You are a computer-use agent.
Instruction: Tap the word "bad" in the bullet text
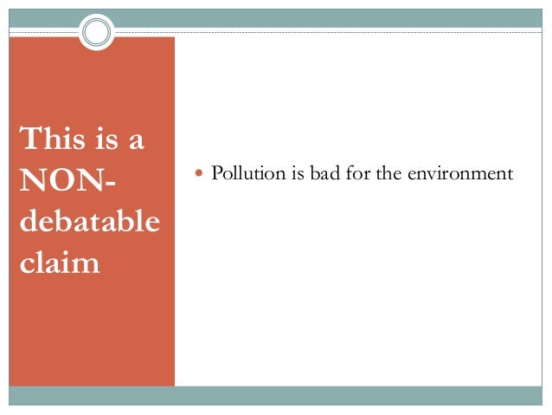324,173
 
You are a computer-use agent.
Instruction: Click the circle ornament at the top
97,33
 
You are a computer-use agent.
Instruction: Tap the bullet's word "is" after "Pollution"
297,173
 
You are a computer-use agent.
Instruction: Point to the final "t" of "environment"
510,174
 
